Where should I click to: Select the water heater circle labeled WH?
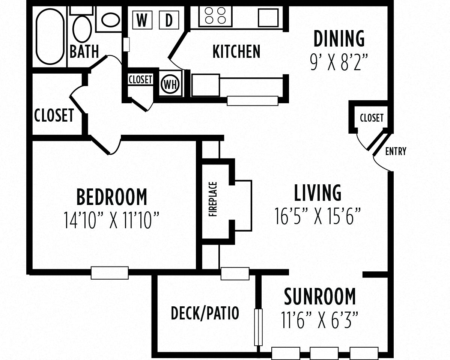pos(170,84)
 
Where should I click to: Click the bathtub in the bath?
pos(50,36)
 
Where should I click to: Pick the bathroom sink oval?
pos(110,20)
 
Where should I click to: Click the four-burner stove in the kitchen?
pos(215,16)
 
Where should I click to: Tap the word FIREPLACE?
pos(213,199)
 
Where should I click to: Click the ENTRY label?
pos(396,151)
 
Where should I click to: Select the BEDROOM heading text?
pos(112,197)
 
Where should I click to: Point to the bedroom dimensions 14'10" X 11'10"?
pos(112,220)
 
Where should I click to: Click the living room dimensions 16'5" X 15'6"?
pos(318,217)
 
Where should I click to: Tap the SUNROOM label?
pos(320,297)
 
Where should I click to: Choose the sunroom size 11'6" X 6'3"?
pos(319,320)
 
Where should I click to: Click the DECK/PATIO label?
pos(205,313)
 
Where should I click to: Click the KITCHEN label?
pos(236,51)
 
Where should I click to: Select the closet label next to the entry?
pos(372,118)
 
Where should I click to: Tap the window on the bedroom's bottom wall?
pos(110,273)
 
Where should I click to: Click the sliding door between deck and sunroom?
pos(258,327)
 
